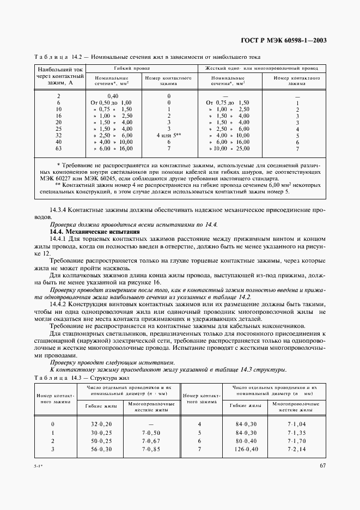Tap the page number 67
pos(322,465)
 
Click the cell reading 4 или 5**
pos(168,134)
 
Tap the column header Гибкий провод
pos(139,68)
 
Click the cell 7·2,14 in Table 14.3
pos(297,448)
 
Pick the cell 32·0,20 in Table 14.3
pos(100,424)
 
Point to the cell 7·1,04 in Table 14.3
pos(297,424)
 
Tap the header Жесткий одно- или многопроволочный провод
pos(262,68)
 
